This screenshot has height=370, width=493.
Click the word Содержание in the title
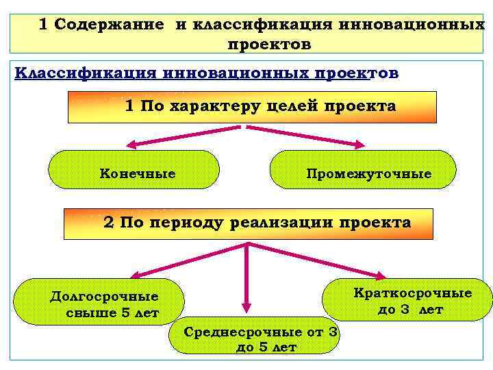point(110,25)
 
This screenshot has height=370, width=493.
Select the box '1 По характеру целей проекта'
point(252,108)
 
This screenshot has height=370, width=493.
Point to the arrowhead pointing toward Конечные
point(129,145)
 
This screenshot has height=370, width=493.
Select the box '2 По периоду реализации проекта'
point(248,223)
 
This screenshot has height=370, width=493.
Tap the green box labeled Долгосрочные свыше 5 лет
point(100,302)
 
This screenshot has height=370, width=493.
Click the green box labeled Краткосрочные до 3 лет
point(408,300)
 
